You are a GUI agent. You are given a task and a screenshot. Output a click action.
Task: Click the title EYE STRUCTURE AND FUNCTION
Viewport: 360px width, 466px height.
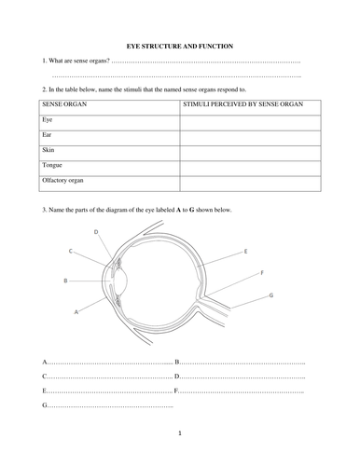pos(180,46)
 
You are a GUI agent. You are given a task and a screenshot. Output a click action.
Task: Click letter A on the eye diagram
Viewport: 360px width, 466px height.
pos(74,313)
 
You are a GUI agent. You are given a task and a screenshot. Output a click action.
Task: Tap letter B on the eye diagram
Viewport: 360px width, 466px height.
pos(64,280)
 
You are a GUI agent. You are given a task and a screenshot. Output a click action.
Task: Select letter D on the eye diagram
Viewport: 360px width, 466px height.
pos(97,231)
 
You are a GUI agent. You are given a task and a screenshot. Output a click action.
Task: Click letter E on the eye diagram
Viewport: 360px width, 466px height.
pos(245,252)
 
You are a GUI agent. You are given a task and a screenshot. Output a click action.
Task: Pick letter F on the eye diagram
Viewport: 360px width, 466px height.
pos(262,272)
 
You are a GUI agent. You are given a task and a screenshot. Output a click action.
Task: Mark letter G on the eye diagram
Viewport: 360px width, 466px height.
pos(270,295)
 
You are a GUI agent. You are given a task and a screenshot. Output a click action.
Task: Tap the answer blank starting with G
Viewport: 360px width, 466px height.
pos(107,406)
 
